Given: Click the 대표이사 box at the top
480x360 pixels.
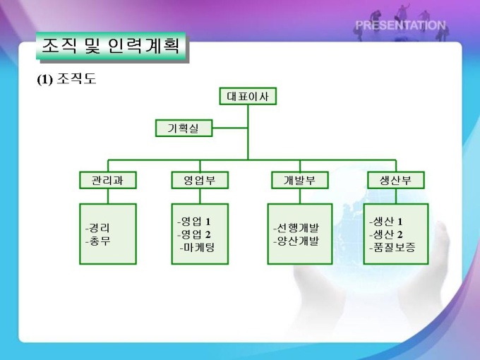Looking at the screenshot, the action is (248, 97).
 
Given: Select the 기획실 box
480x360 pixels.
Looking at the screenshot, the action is (184, 128).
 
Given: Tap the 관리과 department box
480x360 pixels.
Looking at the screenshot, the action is (108, 180).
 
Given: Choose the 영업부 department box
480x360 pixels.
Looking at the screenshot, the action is (200, 180).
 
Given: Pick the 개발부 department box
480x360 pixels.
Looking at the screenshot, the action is (300, 180).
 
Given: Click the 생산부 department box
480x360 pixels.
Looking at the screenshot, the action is (396, 180).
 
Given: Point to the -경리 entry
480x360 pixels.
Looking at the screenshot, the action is (97, 228).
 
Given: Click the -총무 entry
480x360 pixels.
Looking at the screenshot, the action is (97, 241).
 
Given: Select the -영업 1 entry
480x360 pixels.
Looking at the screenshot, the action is (194, 222).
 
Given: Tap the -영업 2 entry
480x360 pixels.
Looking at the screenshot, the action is (194, 234).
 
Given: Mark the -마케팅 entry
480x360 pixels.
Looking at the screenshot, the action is (198, 247).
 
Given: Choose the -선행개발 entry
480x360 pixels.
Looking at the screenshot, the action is (296, 228).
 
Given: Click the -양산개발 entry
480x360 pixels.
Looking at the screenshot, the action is (296, 241).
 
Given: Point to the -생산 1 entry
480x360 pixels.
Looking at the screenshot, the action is (386, 222).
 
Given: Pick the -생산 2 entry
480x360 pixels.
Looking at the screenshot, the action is (386, 234).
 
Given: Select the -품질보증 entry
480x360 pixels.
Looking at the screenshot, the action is (392, 247).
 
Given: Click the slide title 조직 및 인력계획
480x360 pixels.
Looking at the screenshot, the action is (111, 46).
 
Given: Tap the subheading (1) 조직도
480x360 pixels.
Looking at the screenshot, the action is (66, 79).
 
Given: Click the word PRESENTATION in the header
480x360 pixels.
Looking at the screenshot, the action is (400, 25).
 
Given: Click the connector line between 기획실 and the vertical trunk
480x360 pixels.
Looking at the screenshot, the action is (230, 128).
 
